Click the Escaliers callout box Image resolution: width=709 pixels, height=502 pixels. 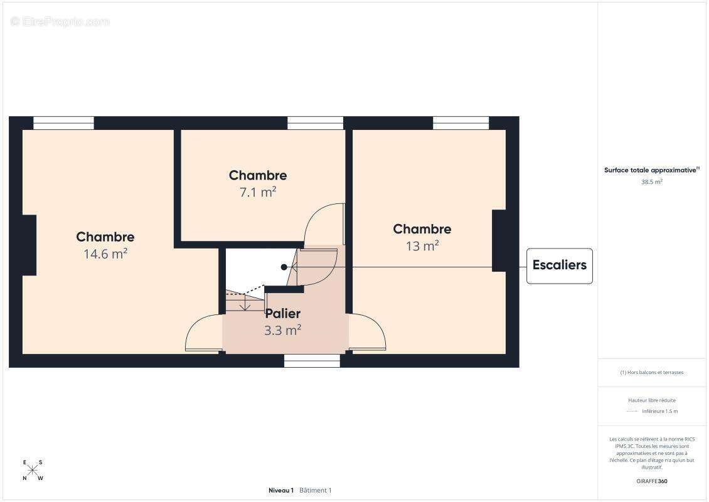tap(559, 266)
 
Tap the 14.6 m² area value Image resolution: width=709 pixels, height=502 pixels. tap(105, 254)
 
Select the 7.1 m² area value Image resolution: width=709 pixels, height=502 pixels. tap(258, 192)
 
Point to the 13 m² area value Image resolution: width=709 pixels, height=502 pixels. tap(422, 245)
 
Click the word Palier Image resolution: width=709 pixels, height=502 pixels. tap(282, 313)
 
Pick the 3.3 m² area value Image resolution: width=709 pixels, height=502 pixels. tap(282, 330)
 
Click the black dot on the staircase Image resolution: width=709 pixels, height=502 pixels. tap(284, 267)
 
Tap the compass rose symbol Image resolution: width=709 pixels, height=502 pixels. tap(33, 470)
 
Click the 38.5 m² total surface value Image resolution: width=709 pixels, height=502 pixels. tap(651, 182)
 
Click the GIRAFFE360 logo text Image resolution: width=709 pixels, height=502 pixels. tap(651, 481)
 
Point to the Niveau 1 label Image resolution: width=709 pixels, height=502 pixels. tap(281, 490)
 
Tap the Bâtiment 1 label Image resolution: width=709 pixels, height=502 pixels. tap(315, 490)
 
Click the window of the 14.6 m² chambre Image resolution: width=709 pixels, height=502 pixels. tap(64, 123)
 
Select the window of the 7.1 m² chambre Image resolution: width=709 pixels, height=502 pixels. tap(315, 123)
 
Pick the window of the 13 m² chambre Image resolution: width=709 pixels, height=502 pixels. tap(461, 123)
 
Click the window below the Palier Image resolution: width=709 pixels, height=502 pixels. tap(312, 361)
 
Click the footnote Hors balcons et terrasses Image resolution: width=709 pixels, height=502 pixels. tap(651, 372)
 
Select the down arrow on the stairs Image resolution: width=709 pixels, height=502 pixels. tap(245, 302)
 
